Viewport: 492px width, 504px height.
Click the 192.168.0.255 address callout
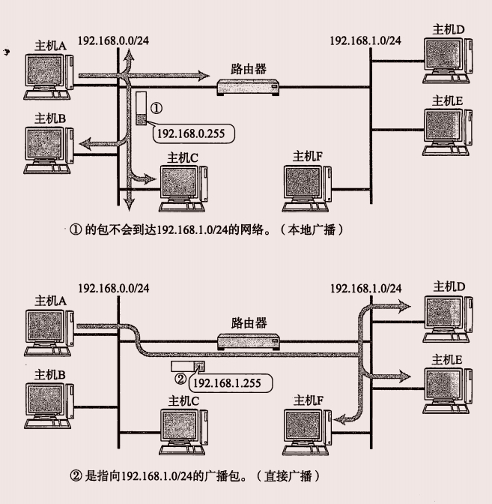point(192,133)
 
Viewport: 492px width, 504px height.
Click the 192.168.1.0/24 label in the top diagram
point(365,39)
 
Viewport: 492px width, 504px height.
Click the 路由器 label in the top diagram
point(249,68)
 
